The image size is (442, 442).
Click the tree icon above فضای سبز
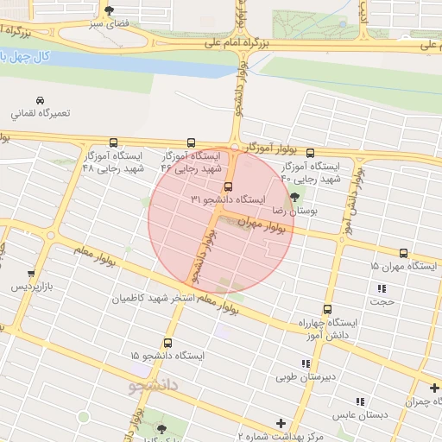coord(108,10)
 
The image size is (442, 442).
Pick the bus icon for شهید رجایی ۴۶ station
coord(191,143)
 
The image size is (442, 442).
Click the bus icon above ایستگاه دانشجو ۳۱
coord(228,186)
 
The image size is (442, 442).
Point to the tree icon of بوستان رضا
coord(296,197)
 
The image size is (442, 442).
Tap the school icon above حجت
coord(382,288)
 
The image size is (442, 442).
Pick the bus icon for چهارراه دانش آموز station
coord(327,308)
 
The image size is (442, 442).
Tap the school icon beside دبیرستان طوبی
coord(305,364)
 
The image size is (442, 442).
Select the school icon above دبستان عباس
coord(360,401)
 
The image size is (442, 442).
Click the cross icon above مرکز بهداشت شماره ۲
coord(280,423)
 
